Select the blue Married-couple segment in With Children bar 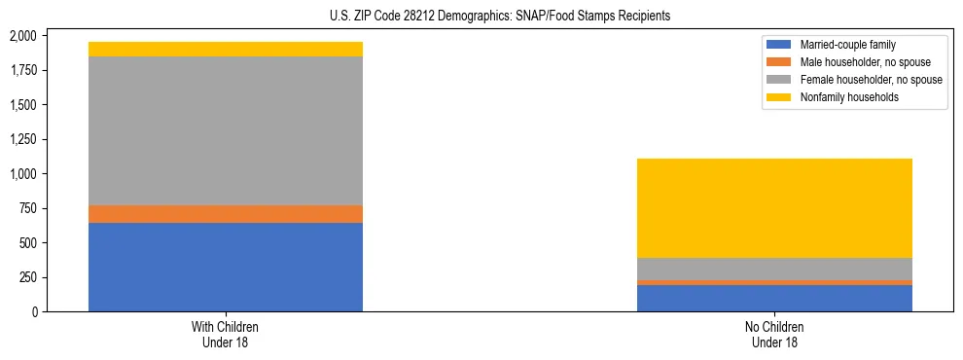coord(226,267)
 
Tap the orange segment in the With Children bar coord(226,214)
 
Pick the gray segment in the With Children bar coord(226,130)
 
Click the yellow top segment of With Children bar coord(226,50)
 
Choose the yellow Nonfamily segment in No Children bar coord(774,207)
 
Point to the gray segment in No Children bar coord(774,269)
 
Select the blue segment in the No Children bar coord(774,298)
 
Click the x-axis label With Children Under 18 coord(226,335)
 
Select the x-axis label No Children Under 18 coord(774,335)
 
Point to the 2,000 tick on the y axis coord(22,36)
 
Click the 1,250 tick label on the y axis coord(22,139)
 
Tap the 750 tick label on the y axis coord(28,208)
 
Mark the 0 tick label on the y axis coord(35,311)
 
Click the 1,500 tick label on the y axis coord(22,105)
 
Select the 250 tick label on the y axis coord(28,277)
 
